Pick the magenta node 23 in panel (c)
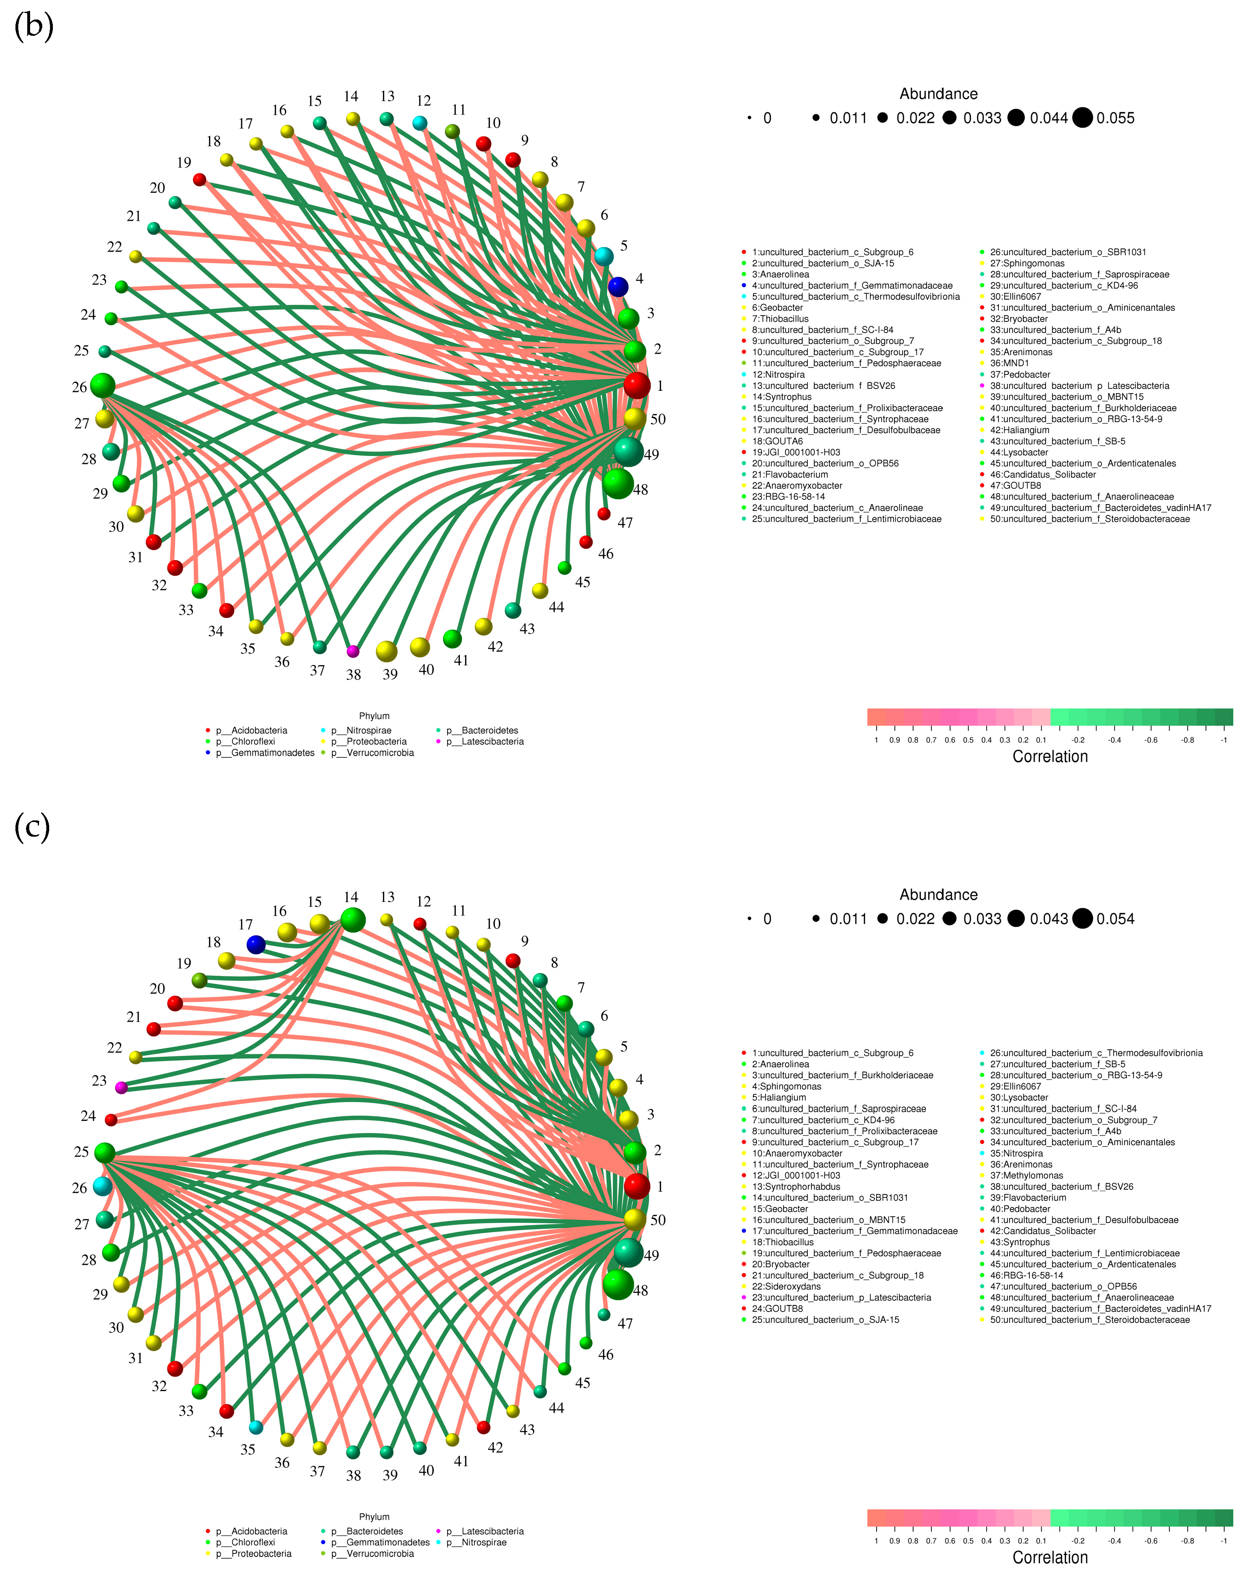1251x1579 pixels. click(122, 1087)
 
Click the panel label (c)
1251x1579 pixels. click(32, 828)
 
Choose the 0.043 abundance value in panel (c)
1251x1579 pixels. click(1049, 918)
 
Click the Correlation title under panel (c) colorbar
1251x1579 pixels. click(1050, 1557)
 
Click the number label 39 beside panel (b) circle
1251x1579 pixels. click(389, 674)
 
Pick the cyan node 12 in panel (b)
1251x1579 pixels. click(420, 123)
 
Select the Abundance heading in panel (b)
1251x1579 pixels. click(938, 94)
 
